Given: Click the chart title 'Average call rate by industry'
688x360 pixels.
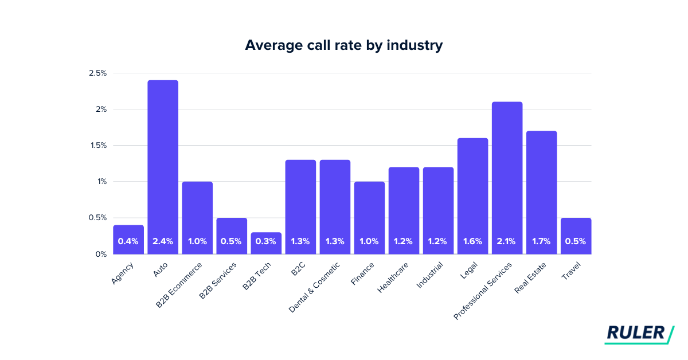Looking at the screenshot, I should click(343, 45).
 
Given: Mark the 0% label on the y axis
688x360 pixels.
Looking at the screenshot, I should click(101, 254).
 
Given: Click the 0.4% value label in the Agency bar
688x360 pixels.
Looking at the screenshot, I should click(128, 241).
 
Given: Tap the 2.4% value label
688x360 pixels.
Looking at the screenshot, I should click(163, 241).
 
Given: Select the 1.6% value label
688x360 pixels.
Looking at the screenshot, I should click(472, 241).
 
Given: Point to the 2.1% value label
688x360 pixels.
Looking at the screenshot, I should click(507, 241).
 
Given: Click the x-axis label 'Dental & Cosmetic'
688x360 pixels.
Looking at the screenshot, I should click(315, 287).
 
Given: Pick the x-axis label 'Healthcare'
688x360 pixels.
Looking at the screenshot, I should click(393, 278).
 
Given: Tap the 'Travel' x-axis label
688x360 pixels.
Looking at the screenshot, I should click(571, 272).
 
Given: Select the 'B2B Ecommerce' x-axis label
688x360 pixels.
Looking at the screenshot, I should click(179, 285).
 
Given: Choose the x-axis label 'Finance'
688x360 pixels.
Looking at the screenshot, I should click(363, 274).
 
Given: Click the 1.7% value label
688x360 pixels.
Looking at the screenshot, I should click(541, 241).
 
